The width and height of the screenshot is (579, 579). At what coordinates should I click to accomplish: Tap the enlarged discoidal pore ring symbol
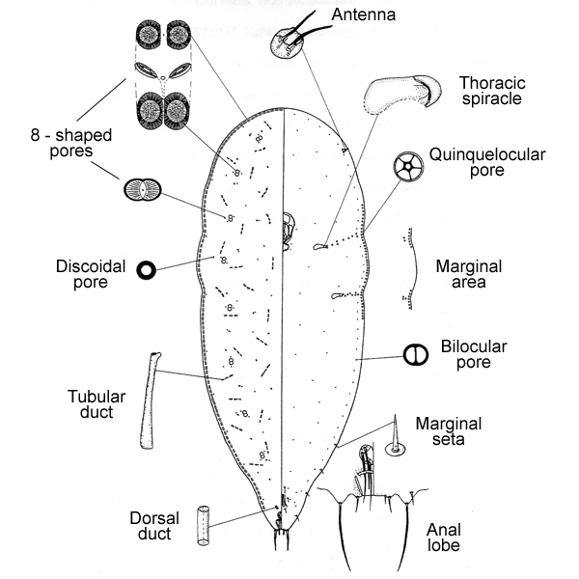(147, 271)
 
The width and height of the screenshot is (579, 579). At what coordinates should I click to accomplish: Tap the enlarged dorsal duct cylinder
(204, 525)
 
